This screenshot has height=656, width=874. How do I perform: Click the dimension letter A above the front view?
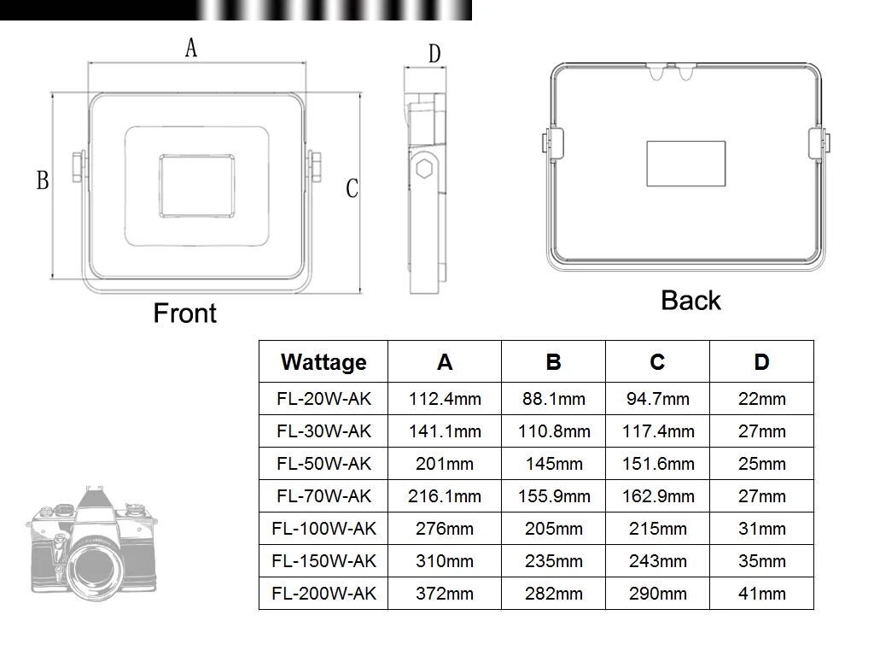pyautogui.click(x=191, y=48)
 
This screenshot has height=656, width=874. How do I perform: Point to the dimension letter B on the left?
pyautogui.click(x=43, y=181)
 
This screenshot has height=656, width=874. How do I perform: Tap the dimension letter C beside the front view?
pyautogui.click(x=352, y=189)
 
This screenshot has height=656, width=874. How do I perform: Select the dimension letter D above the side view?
pyautogui.click(x=434, y=55)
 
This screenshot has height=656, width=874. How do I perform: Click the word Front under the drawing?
pyautogui.click(x=185, y=313)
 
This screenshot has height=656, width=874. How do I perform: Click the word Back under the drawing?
pyautogui.click(x=690, y=301)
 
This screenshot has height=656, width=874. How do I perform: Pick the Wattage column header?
pyautogui.click(x=323, y=362)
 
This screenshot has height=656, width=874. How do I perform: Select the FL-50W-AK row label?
pyautogui.click(x=323, y=464)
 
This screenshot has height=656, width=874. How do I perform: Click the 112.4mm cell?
pyautogui.click(x=445, y=399)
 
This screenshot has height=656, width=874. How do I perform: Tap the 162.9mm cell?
pyautogui.click(x=657, y=496)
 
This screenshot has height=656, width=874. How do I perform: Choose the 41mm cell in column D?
pyautogui.click(x=761, y=594)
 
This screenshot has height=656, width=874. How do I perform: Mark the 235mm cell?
pyautogui.click(x=553, y=561)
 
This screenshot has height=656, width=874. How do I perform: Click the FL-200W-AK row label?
pyautogui.click(x=323, y=594)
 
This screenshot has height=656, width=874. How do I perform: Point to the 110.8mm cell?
pyautogui.click(x=553, y=431)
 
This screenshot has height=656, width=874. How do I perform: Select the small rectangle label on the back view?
pyautogui.click(x=685, y=163)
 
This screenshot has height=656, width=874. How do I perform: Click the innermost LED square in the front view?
pyautogui.click(x=196, y=185)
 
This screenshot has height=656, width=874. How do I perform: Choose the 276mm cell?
pyautogui.click(x=445, y=529)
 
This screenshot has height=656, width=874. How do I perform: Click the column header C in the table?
pyautogui.click(x=657, y=362)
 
